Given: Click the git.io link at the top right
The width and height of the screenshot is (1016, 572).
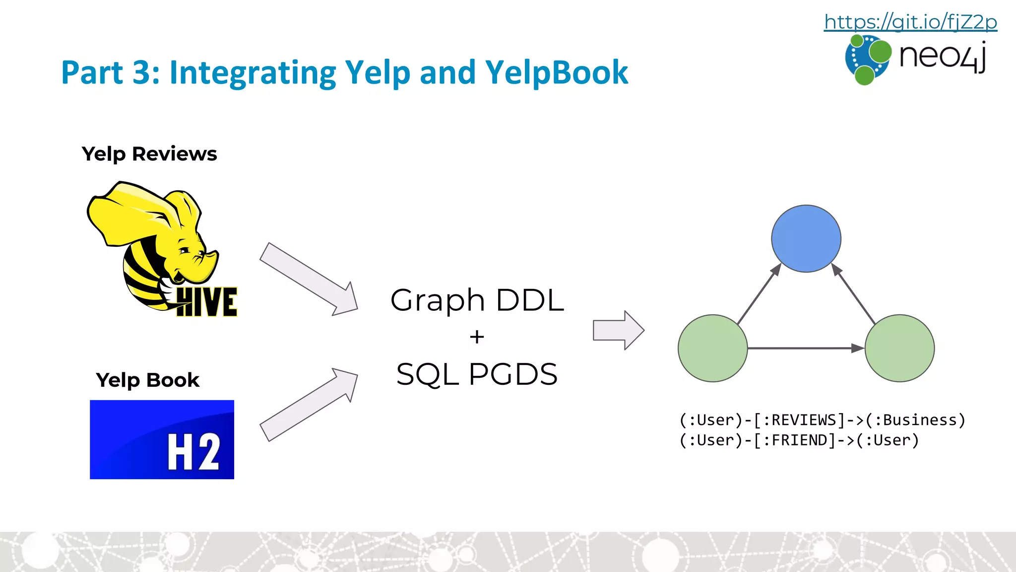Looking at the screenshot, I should coord(910,22).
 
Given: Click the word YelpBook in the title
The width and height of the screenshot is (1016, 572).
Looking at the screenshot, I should coord(557,72).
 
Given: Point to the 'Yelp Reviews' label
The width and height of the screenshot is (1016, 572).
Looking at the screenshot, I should coord(149,154).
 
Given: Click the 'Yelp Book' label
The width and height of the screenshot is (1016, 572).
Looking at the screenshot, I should coord(147,380).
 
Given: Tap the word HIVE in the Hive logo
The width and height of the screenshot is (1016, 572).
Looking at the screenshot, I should coord(207,302).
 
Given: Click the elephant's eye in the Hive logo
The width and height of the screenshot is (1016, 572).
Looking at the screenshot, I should coord(185,250).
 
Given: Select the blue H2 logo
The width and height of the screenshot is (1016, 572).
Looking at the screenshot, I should coord(162,439).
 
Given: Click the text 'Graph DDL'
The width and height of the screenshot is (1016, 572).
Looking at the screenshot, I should coord(477,300).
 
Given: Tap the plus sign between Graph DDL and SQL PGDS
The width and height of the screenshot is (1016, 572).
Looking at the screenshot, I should coord(477,337).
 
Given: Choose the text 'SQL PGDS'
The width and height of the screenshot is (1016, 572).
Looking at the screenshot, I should coord(477,374).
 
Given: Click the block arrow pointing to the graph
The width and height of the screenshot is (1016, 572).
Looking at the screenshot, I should coord(618,330).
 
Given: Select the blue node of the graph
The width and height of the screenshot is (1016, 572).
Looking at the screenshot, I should coord(806,239).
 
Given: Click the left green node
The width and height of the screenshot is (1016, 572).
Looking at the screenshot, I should coord(713,348).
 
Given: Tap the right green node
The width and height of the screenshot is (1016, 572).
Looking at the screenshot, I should coord(899,348).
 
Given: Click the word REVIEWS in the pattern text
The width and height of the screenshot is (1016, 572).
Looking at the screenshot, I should coord(804,420).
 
